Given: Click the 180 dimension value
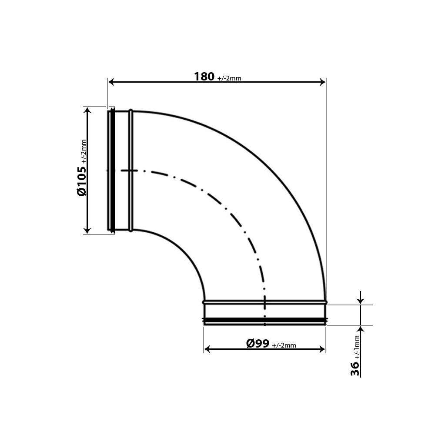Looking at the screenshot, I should [x=204, y=77].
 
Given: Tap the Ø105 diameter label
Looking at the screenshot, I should [x=82, y=181].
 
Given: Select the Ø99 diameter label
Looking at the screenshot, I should [x=257, y=344].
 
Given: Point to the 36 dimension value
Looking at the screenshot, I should [x=355, y=368].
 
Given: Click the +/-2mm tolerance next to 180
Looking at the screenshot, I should [x=229, y=78].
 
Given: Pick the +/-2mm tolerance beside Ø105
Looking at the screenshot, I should [x=84, y=151].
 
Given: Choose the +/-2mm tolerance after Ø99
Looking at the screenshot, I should [x=284, y=345].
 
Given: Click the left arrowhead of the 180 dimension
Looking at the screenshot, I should [x=111, y=82].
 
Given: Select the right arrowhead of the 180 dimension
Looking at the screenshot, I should [x=323, y=82].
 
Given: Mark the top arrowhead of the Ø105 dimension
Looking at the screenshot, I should [x=88, y=110].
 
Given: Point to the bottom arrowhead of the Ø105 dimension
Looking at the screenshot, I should [x=88, y=231].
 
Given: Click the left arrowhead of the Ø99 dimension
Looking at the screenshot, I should [x=207, y=349].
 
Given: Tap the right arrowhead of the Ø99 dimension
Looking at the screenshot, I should [x=322, y=349].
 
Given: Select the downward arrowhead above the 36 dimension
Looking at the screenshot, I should [x=360, y=301].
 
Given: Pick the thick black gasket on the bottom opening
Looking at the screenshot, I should [x=264, y=321].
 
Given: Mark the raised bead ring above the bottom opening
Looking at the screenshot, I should [x=264, y=301].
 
